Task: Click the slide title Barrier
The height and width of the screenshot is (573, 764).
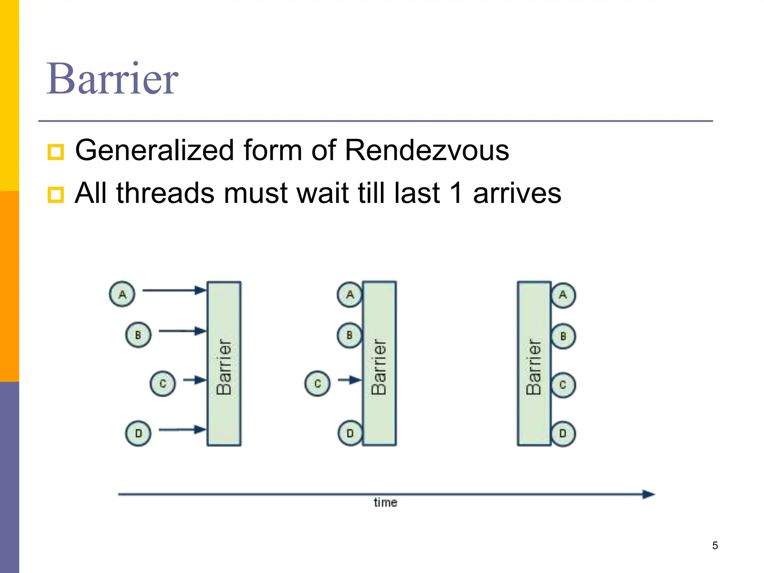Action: tap(112, 79)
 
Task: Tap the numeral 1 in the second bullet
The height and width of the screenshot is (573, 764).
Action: tap(456, 193)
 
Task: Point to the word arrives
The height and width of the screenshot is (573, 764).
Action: tap(517, 194)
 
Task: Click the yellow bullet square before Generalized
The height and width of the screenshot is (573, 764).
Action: tap(56, 152)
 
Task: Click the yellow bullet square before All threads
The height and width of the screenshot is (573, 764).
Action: tap(56, 195)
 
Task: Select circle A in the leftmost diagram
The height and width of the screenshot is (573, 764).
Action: tap(122, 294)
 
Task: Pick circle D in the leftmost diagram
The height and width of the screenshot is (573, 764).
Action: tap(138, 433)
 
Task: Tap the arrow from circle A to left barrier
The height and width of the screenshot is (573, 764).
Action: tap(174, 290)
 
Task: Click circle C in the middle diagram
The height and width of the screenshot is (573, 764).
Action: tap(317, 383)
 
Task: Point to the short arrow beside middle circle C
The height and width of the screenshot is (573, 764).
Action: tap(350, 380)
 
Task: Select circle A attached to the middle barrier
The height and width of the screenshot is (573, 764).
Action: tap(349, 295)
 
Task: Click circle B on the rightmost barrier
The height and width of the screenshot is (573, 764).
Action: tap(563, 336)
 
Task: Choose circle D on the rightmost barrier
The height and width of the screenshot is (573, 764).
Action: tap(563, 433)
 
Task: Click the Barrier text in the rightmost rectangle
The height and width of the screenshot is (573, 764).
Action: tap(533, 367)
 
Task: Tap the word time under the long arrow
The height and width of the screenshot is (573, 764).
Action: tap(385, 502)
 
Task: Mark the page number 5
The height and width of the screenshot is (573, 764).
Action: tap(715, 545)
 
